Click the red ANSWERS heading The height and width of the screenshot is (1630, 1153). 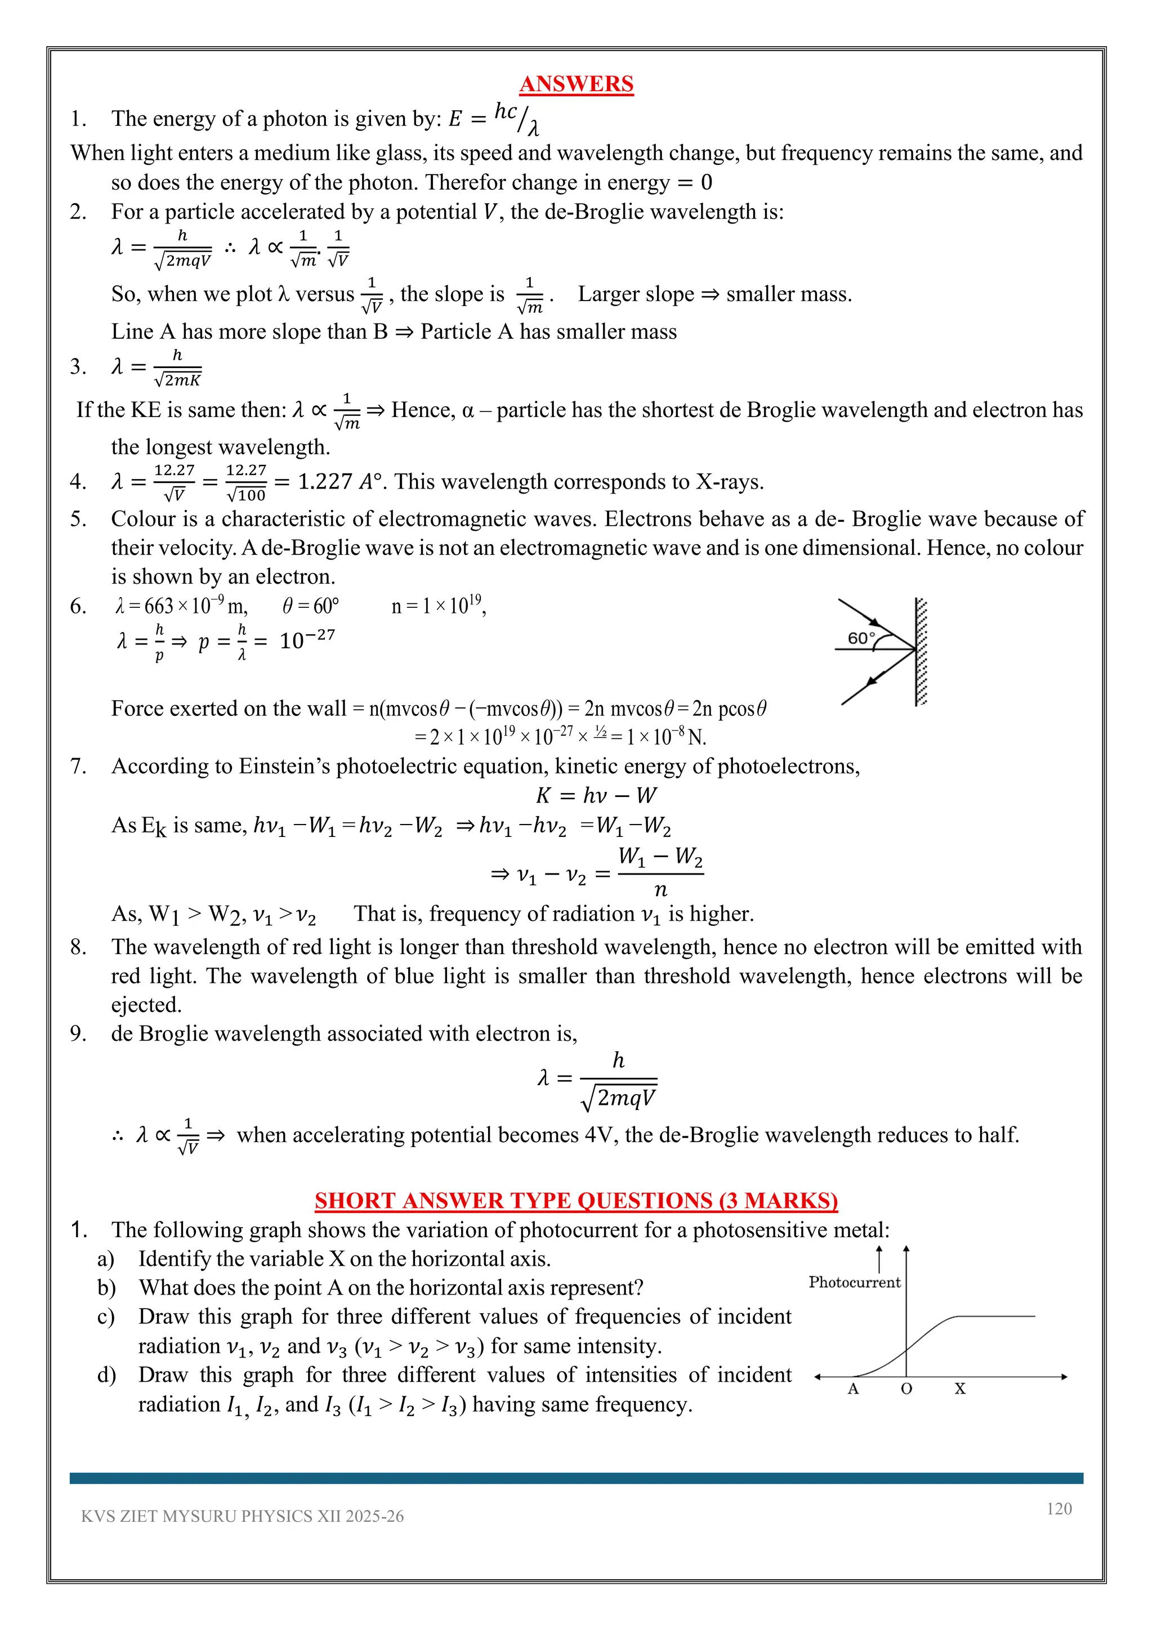[x=576, y=84]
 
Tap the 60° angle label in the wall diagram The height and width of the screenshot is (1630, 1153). [x=861, y=638]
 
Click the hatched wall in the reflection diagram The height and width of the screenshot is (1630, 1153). [x=921, y=652]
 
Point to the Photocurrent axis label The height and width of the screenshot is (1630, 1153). [x=854, y=1282]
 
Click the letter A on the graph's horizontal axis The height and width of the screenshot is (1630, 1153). [x=853, y=1389]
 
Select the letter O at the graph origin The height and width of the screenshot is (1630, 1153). [x=906, y=1389]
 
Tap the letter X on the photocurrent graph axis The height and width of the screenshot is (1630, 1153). [x=960, y=1389]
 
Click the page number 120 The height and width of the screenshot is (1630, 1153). [x=1058, y=1508]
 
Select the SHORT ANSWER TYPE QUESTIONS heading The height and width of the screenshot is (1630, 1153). [x=576, y=1201]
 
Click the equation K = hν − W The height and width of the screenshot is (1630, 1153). [x=596, y=795]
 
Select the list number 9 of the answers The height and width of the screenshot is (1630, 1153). [x=78, y=1033]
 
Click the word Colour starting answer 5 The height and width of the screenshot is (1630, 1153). [x=142, y=519]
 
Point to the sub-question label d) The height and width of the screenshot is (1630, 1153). [x=106, y=1375]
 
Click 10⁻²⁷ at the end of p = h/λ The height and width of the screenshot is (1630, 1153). [x=307, y=639]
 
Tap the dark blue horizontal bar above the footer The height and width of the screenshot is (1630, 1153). [x=576, y=1478]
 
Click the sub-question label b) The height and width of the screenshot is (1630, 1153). [x=106, y=1288]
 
